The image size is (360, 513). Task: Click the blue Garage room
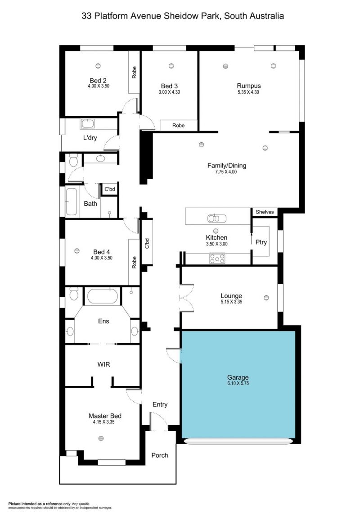(x=238, y=384)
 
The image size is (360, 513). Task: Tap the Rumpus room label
(x=249, y=86)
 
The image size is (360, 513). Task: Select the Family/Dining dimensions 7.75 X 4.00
(x=226, y=172)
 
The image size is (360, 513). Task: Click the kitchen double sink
(x=217, y=218)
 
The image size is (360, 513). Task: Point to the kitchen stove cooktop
(x=217, y=259)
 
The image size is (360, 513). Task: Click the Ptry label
(x=261, y=242)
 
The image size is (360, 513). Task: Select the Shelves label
(x=265, y=212)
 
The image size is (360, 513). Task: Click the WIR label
(x=103, y=364)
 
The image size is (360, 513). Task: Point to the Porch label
(x=160, y=455)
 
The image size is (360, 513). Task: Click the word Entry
(x=160, y=405)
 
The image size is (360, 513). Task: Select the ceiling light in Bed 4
(x=77, y=250)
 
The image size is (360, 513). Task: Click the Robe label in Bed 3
(x=179, y=125)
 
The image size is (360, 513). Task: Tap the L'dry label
(x=90, y=138)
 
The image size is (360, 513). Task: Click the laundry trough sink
(x=87, y=124)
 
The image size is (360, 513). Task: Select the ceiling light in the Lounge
(x=266, y=298)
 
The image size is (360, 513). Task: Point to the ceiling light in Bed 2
(x=98, y=66)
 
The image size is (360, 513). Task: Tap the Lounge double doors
(x=186, y=298)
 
